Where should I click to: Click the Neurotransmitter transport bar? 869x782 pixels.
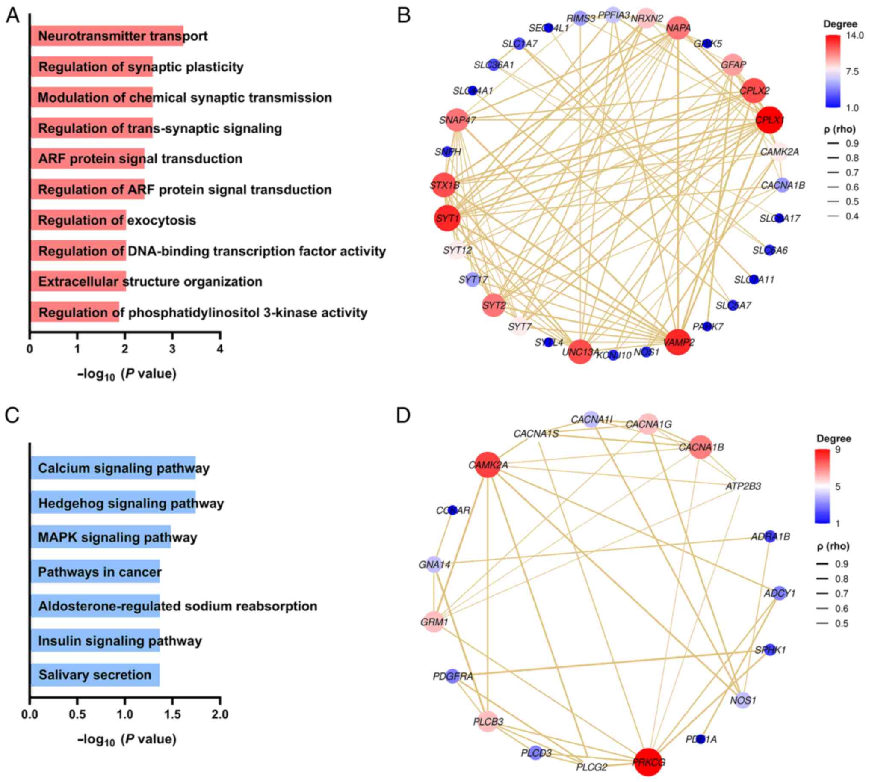pyautogui.click(x=106, y=36)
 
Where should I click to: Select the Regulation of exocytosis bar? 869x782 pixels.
pyautogui.click(x=78, y=220)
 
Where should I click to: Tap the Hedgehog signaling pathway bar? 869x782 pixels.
pyautogui.click(x=112, y=503)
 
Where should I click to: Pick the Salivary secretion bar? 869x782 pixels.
pyautogui.click(x=95, y=675)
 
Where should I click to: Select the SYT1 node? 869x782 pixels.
pyautogui.click(x=447, y=218)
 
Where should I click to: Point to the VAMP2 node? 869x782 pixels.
pyautogui.click(x=678, y=342)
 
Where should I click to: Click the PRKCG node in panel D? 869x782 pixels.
pyautogui.click(x=648, y=762)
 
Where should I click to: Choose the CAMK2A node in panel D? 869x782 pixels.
pyautogui.click(x=487, y=465)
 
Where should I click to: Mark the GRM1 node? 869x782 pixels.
pyautogui.click(x=434, y=622)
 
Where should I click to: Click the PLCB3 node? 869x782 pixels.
pyautogui.click(x=488, y=721)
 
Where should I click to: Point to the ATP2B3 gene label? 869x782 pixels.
pyautogui.click(x=743, y=486)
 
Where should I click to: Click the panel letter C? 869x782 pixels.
pyautogui.click(x=12, y=415)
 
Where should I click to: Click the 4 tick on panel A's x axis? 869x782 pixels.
pyautogui.click(x=220, y=349)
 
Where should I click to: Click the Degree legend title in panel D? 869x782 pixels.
pyautogui.click(x=834, y=438)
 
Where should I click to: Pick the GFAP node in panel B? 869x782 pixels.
pyautogui.click(x=733, y=65)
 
